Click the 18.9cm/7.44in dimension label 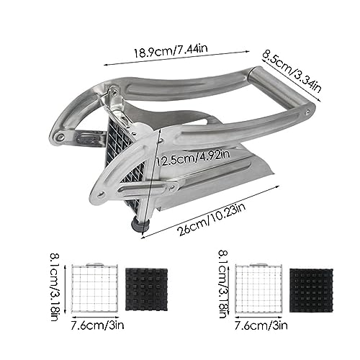coord(171,51)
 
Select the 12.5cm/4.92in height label coord(193,158)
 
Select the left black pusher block coord(146,289)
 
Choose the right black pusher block coord(311,290)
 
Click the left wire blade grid coord(94,287)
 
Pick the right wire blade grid coord(258,289)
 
